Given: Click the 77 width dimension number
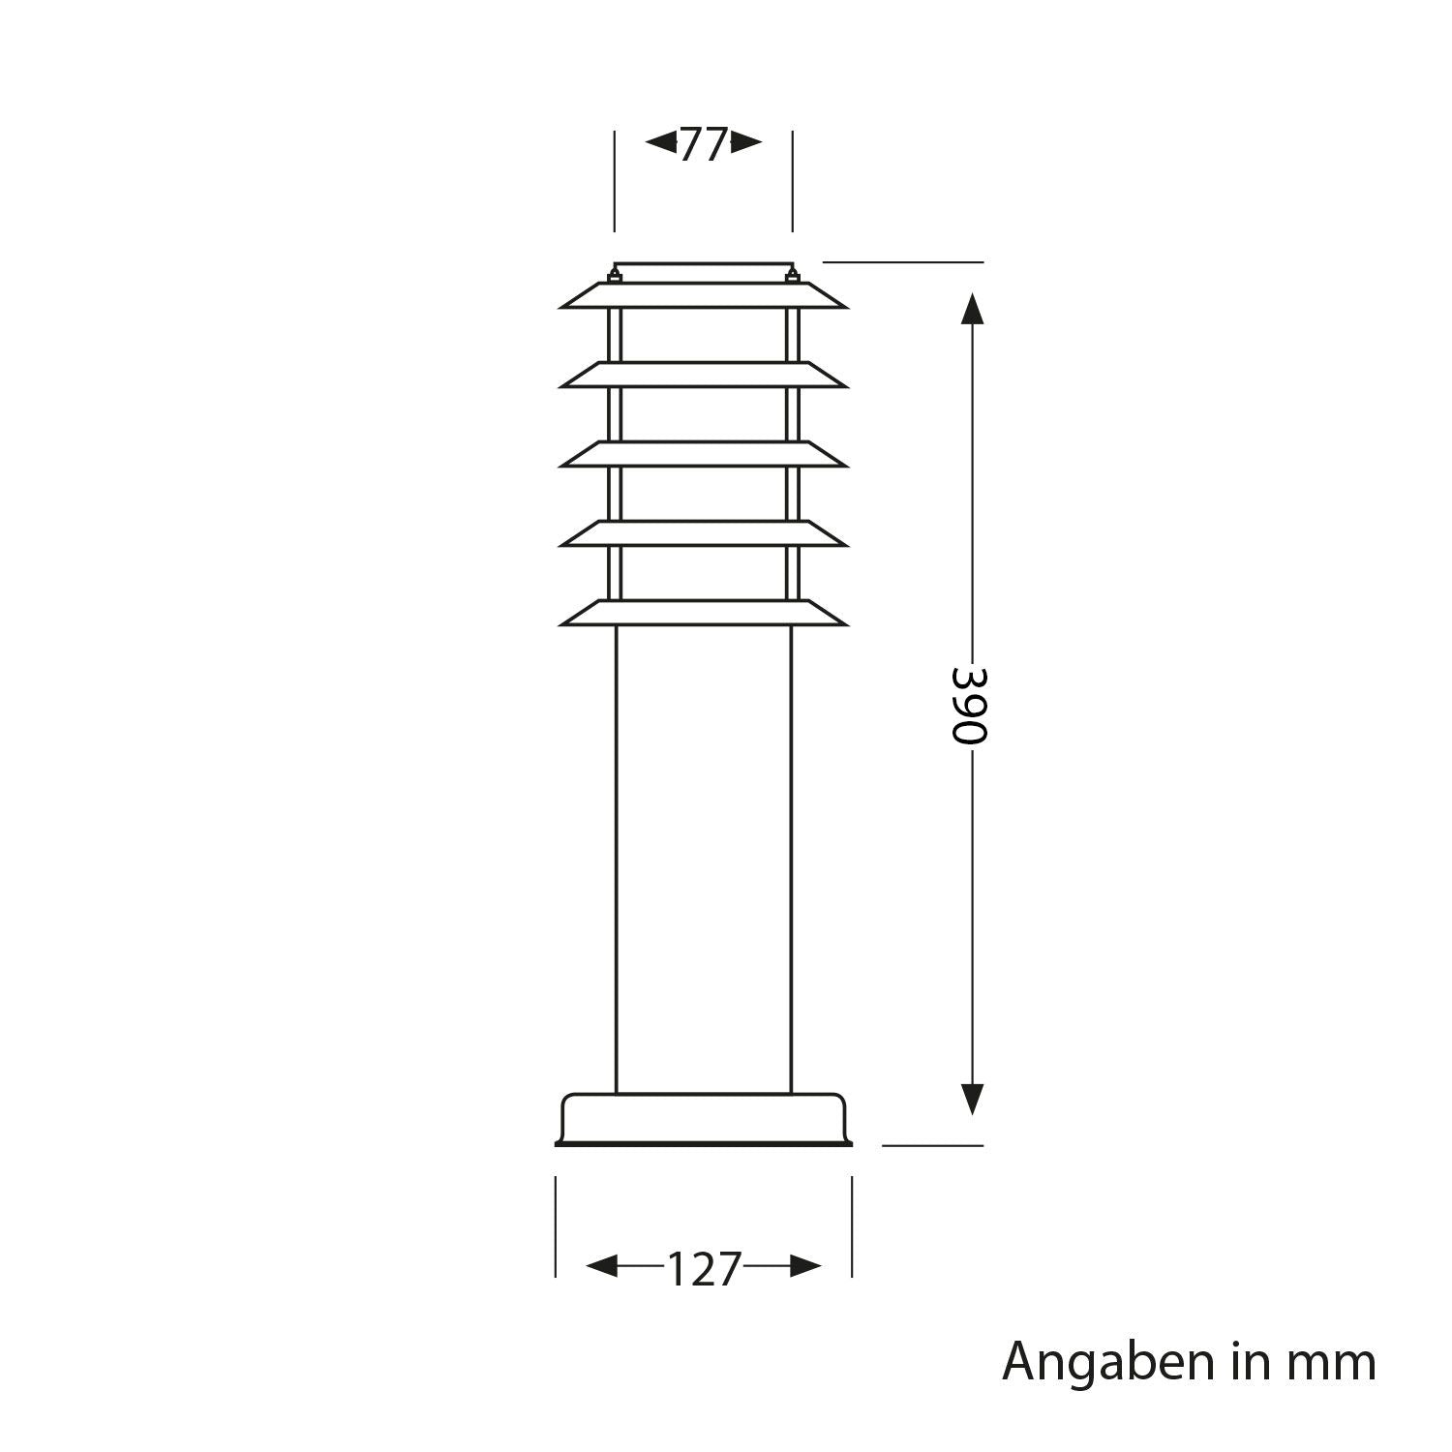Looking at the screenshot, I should click(x=704, y=145).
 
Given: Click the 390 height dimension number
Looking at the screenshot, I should click(x=967, y=703).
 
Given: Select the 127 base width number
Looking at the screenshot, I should click(x=704, y=1269).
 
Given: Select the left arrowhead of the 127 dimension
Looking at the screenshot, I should click(x=603, y=1265).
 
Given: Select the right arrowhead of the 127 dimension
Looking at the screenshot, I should click(x=805, y=1265).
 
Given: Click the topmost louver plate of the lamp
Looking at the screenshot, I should click(x=704, y=296).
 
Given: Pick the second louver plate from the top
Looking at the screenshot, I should click(x=704, y=376).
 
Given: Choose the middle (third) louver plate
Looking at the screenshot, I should click(x=704, y=455).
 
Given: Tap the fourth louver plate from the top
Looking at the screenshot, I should click(x=704, y=534).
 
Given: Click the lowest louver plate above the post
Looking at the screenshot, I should click(x=704, y=614).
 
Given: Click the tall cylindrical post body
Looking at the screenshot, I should click(x=704, y=862).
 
